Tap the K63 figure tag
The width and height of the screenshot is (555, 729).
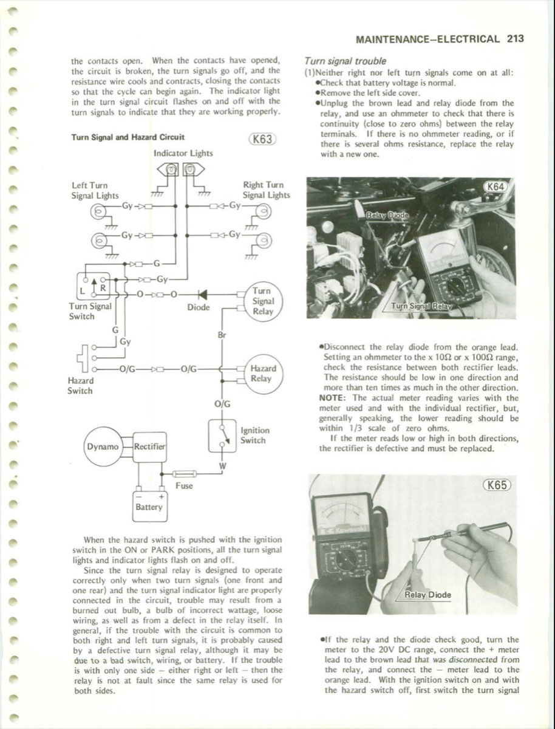pos(262,139)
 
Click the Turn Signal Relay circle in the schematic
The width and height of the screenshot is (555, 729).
pos(263,301)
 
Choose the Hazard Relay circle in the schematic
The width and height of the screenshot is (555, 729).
pos(263,374)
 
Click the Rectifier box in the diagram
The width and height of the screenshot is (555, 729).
pos(149,447)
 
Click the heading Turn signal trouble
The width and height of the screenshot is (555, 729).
pos(344,61)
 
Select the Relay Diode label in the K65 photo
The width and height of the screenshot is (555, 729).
pos(428,594)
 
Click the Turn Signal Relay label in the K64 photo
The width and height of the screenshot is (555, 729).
pos(421,306)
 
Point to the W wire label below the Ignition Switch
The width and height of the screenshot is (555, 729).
pos(222,466)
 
